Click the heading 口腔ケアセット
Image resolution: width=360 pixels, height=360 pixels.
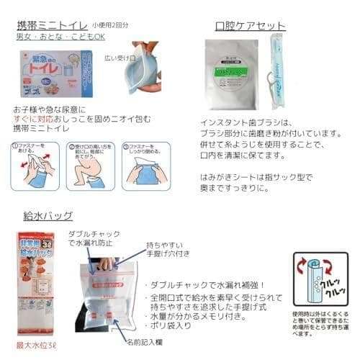(251, 27)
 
